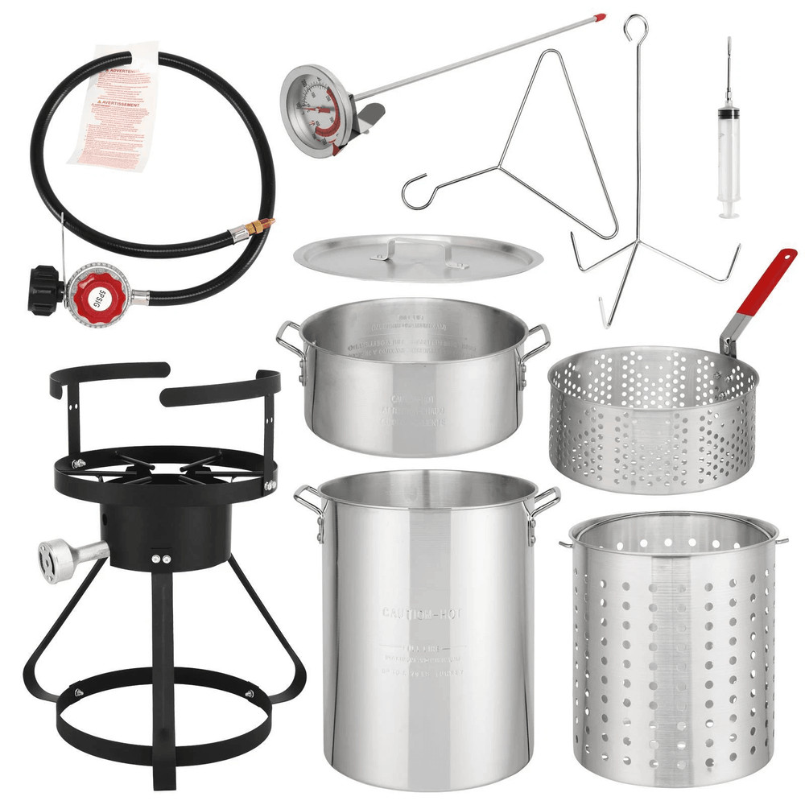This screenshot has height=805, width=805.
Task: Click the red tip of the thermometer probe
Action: pos(597,16)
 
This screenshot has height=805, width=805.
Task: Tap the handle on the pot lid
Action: pos(415,246)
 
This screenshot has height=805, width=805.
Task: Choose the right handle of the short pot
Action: pos(535,342)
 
